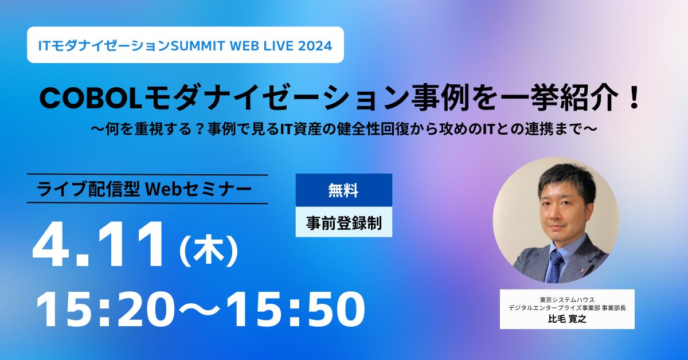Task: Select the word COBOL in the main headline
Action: pos(91,98)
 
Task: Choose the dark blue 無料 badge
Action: pos(343,190)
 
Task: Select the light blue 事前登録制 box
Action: pos(343,222)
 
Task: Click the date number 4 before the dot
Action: pos(52,245)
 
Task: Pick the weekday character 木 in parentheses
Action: pos(209,251)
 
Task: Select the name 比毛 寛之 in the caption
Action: pos(567,319)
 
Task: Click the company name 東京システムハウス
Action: pos(567,299)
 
